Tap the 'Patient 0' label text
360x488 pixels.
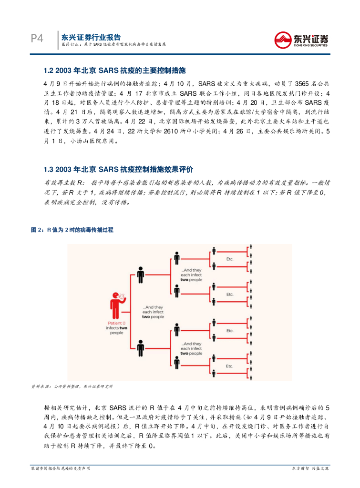click(x=116, y=323)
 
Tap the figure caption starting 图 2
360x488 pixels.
click(x=72, y=230)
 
